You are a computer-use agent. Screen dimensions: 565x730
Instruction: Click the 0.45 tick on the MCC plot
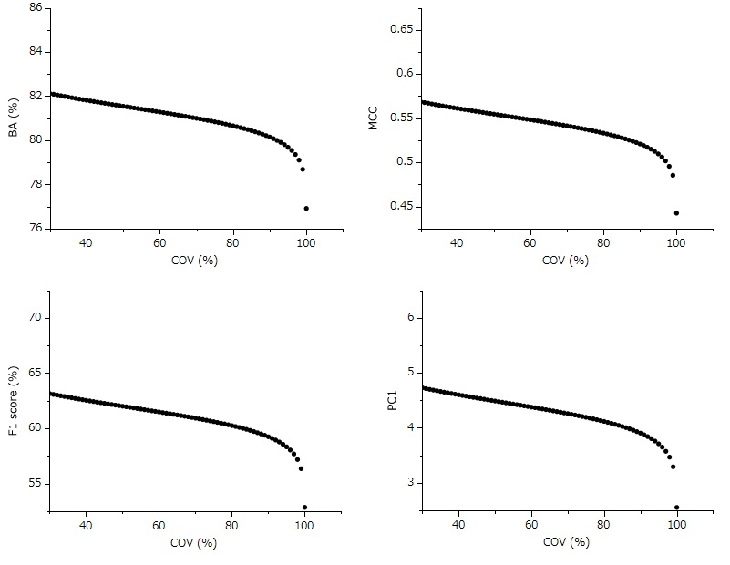(400, 207)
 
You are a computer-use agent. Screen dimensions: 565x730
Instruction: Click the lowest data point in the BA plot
(306, 209)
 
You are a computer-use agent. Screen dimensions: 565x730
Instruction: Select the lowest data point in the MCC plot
(676, 213)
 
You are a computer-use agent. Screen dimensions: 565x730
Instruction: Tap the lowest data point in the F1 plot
(304, 507)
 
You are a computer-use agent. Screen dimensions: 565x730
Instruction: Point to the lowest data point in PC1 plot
(676, 507)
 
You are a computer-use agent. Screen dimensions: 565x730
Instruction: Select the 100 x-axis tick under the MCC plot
(676, 243)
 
